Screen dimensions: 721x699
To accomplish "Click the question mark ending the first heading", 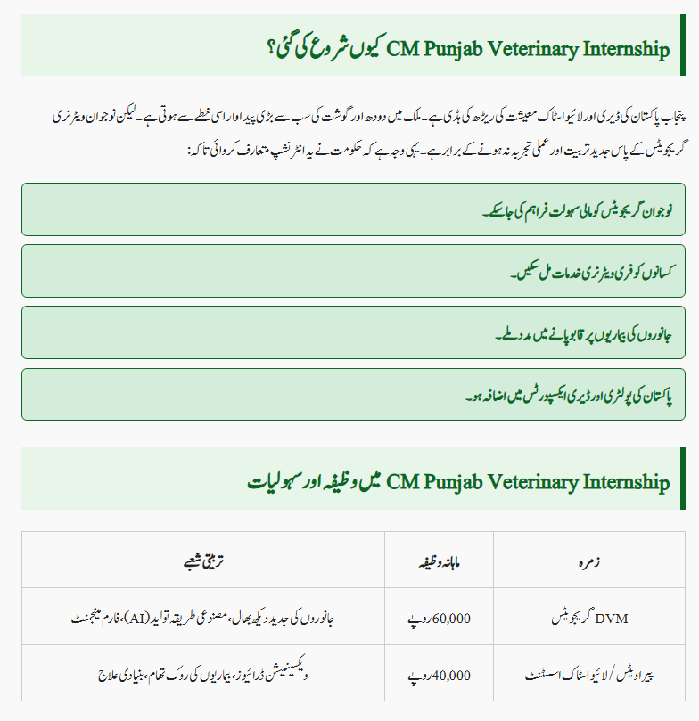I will pyautogui.click(x=271, y=48).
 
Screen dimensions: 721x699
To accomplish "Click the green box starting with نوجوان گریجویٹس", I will pyautogui.click(x=354, y=209).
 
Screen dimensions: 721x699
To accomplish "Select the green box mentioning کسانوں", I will pyautogui.click(x=354, y=271).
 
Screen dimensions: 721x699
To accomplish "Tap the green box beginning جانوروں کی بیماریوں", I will pyautogui.click(x=354, y=332).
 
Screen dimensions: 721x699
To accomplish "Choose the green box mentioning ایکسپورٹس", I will pyautogui.click(x=354, y=394).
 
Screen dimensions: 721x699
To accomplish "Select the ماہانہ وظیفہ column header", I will pyautogui.click(x=440, y=562).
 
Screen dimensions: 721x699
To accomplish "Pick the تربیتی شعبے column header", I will pyautogui.click(x=202, y=562).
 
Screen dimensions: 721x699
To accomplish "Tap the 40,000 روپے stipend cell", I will pyautogui.click(x=440, y=675).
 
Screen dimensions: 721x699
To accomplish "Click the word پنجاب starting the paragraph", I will pyautogui.click(x=659, y=116).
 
